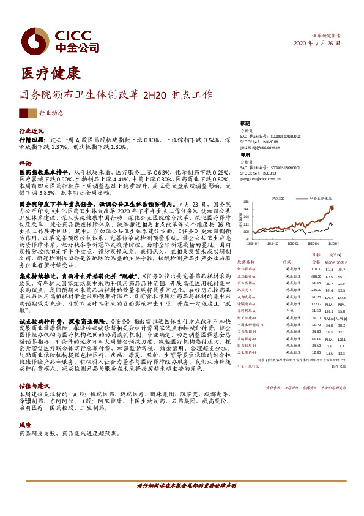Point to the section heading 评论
[26, 164]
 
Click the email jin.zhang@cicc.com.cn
[261, 148]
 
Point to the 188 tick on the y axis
[245, 202]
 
